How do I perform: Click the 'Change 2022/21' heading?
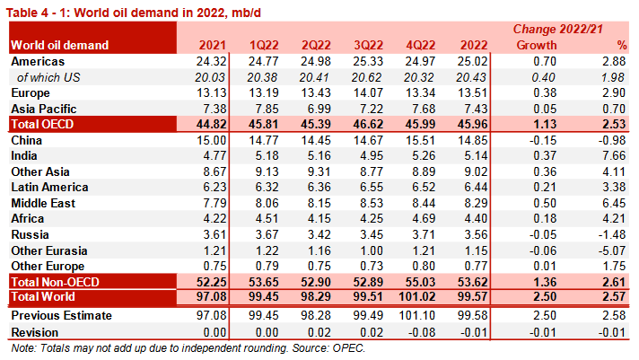click(x=557, y=30)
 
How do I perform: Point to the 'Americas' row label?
click(x=39, y=61)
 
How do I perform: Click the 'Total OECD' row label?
click(x=42, y=123)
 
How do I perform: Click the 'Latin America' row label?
click(x=49, y=188)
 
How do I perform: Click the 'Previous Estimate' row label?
click(x=60, y=315)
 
